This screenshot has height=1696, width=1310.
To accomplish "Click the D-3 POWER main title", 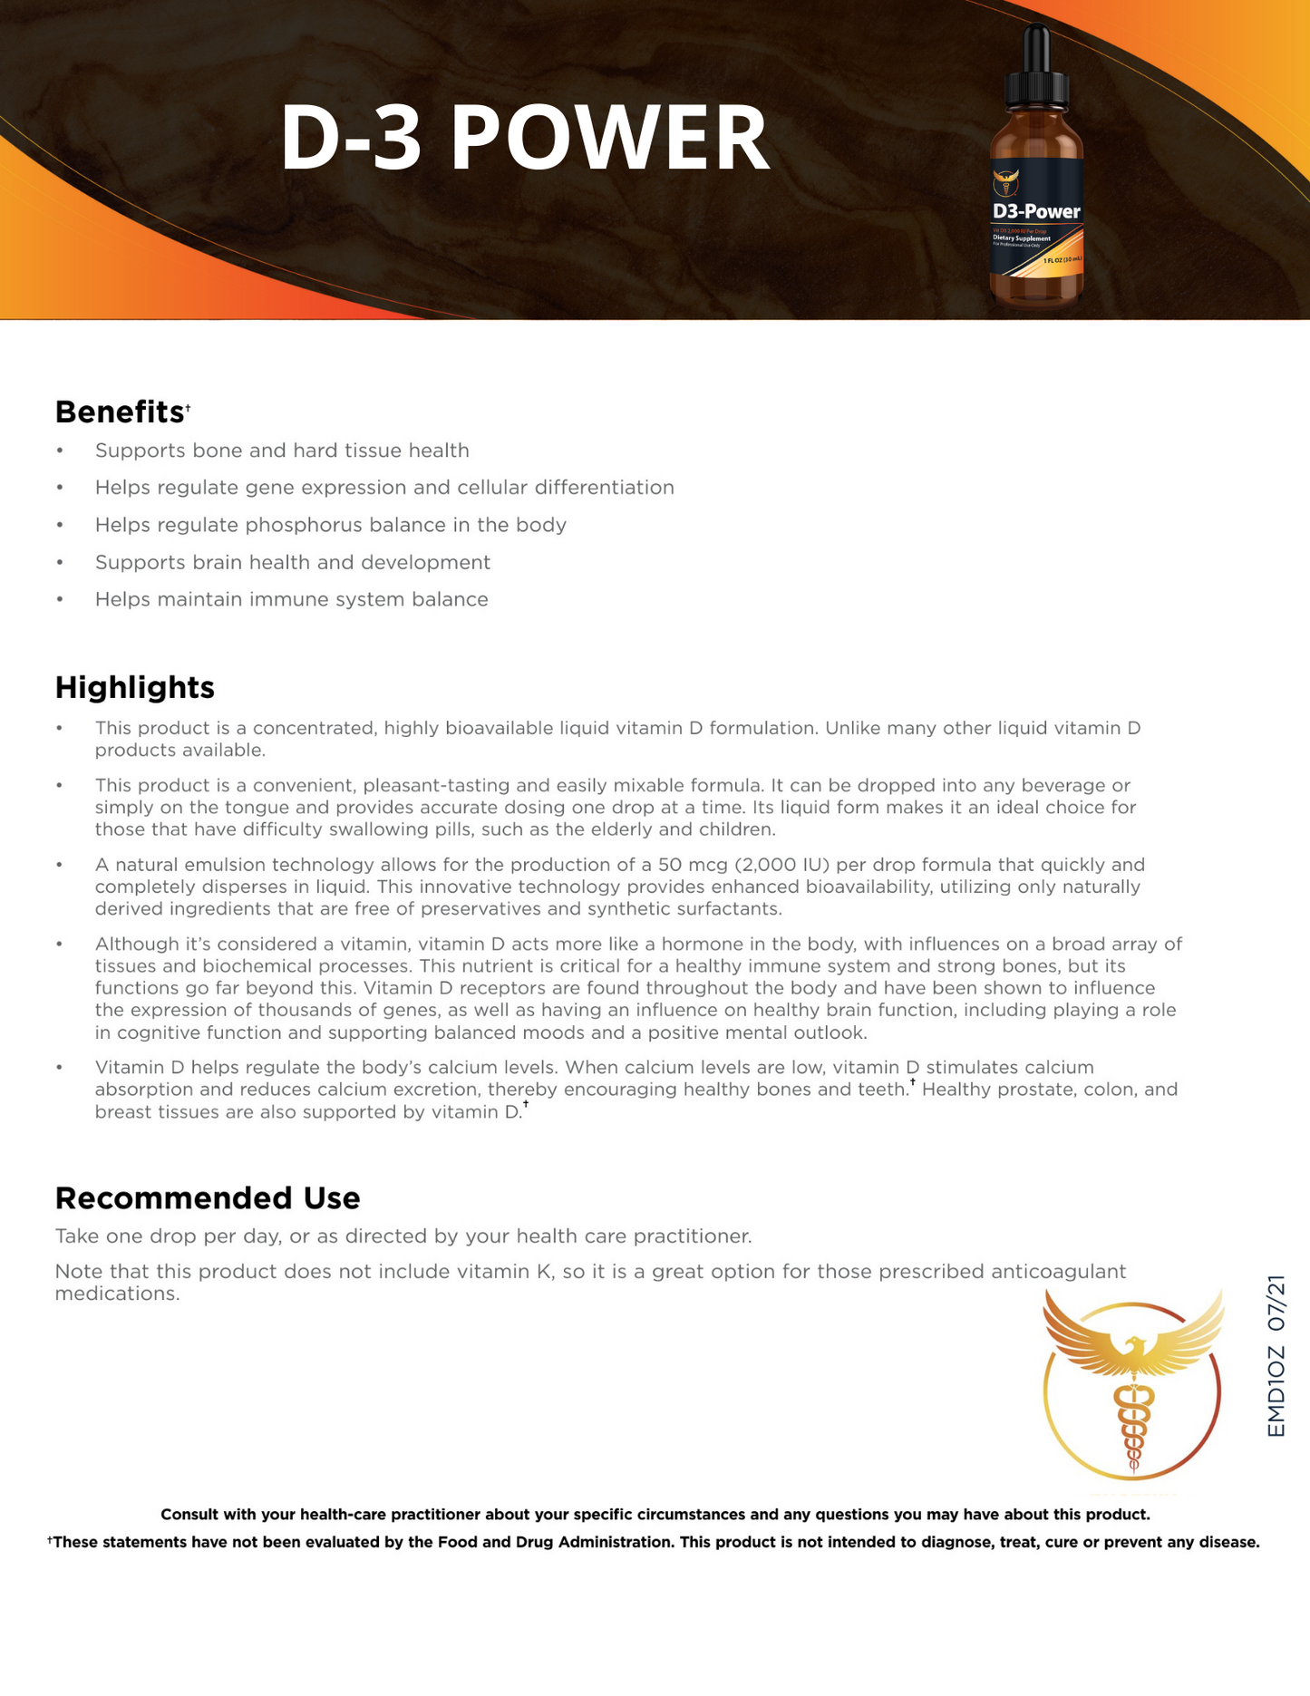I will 524,138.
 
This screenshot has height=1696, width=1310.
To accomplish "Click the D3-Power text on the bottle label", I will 1036,211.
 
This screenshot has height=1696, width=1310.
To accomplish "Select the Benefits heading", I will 120,412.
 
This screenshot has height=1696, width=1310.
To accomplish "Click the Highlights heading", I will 134,687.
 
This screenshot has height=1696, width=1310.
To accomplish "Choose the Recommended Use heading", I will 208,1197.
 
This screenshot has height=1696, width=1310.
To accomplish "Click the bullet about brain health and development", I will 292,562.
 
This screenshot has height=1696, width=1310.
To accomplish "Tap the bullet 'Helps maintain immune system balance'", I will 291,599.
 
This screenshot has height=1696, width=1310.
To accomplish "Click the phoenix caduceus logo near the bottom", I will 1132,1388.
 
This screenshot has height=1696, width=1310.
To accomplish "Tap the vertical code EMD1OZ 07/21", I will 1276,1356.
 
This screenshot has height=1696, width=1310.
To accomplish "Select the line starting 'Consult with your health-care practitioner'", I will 655,1514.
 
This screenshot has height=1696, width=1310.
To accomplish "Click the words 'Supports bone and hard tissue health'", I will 282,451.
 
